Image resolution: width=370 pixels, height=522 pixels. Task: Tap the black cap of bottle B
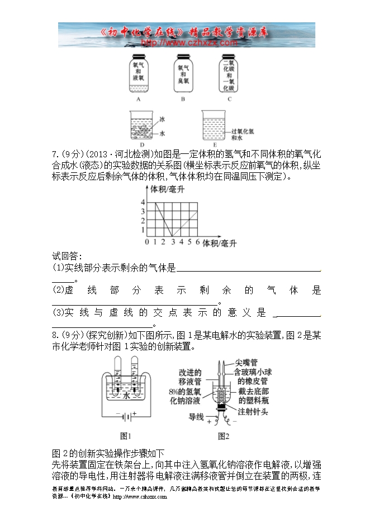[183, 57]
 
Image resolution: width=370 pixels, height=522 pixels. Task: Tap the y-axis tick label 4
[143, 202]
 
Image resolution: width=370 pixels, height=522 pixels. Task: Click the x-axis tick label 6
[198, 243]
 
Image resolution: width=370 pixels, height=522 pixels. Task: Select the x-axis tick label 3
[173, 243]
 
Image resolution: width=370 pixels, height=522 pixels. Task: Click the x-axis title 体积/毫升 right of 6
[220, 243]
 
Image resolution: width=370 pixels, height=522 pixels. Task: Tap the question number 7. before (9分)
[55, 154]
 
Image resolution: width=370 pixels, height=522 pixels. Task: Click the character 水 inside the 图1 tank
[127, 395]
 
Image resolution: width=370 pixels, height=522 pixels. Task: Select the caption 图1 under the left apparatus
[126, 436]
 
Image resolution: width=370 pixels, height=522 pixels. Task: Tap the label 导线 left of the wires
[196, 416]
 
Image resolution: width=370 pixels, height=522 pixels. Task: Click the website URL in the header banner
[190, 42]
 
